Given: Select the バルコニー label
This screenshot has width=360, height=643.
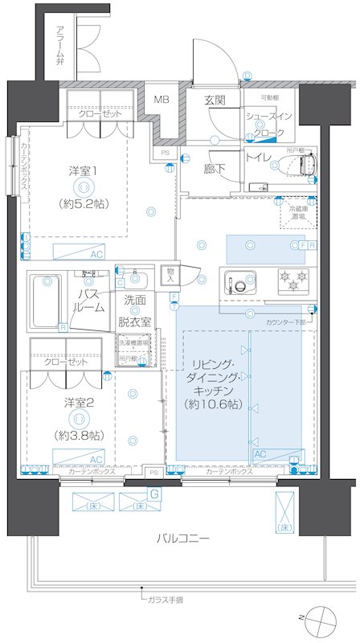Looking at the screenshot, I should point(184,539).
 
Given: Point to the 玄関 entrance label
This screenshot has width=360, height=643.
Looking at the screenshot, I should point(214,100).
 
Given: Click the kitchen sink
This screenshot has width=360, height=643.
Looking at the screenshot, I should point(240,283).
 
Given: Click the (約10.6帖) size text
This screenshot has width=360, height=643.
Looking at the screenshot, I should point(212,403).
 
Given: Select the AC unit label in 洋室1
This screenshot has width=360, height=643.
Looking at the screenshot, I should point(96,254).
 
